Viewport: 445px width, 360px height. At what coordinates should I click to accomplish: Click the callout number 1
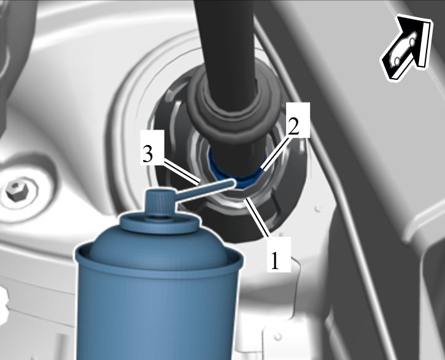coord(275,261)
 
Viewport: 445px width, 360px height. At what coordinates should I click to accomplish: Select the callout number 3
coord(148,154)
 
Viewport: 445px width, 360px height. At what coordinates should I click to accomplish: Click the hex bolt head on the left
coord(14,190)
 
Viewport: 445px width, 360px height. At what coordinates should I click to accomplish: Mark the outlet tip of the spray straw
coord(235,182)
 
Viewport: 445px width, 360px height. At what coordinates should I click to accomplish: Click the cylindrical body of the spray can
coord(158,313)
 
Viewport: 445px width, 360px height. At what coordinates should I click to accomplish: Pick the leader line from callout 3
coord(182,172)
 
